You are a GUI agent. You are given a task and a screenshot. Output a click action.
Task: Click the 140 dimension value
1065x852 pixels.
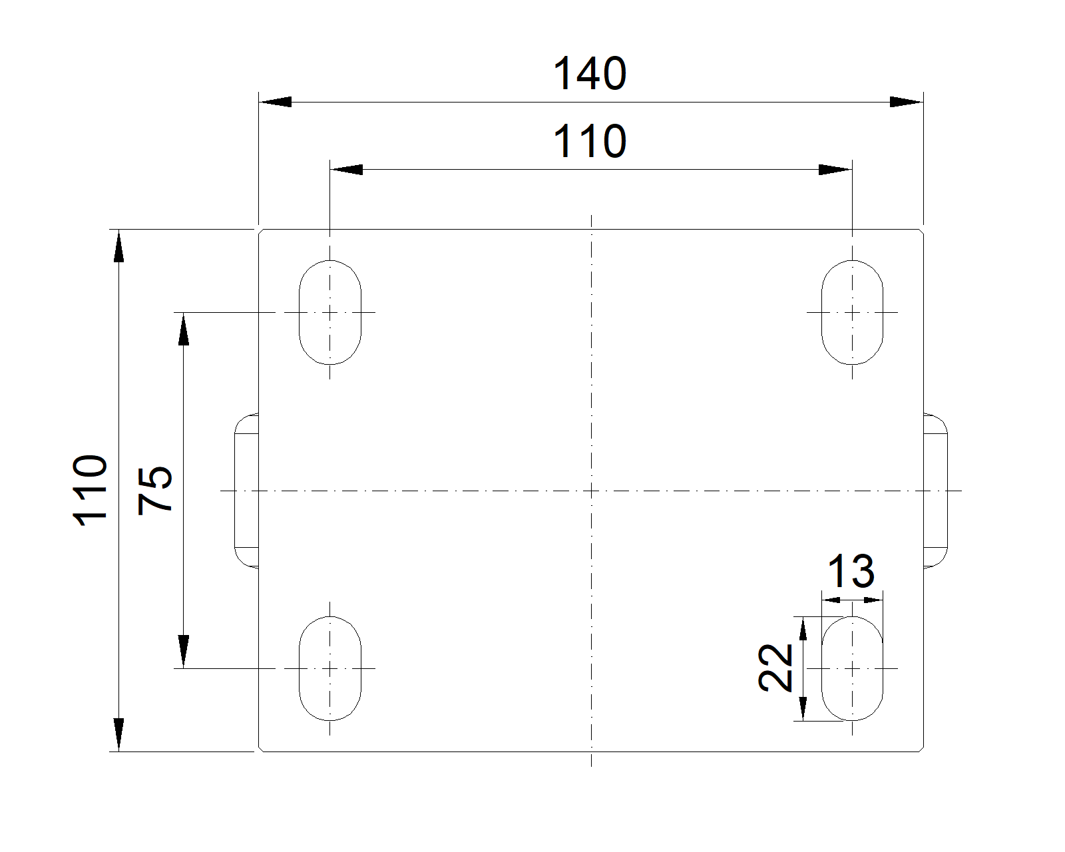tap(590, 74)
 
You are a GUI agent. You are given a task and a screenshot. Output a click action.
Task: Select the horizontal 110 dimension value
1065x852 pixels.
tap(590, 142)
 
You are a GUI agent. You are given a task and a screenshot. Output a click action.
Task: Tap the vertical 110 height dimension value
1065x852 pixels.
tap(90, 491)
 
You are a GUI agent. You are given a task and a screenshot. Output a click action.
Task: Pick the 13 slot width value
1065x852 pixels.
tap(851, 572)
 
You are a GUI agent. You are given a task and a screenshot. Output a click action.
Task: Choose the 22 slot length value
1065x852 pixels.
tap(776, 668)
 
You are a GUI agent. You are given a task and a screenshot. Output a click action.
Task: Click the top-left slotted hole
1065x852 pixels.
tap(330, 312)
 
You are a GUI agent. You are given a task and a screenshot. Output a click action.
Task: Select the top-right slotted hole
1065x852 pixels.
tap(852, 312)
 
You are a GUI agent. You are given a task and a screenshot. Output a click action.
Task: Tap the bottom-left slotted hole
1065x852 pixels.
tap(330, 668)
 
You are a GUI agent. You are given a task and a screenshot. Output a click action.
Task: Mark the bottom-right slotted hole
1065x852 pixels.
tap(852, 668)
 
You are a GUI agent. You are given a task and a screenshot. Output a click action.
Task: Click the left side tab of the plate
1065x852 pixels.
tap(246, 491)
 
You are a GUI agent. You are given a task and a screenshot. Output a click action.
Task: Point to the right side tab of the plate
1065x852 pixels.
tap(935, 491)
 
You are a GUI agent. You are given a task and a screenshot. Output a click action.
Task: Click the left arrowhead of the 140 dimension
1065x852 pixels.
tap(276, 103)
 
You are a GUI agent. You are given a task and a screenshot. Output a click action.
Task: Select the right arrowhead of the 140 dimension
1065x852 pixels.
tap(906, 103)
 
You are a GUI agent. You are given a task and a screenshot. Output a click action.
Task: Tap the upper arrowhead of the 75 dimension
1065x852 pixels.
tap(184, 329)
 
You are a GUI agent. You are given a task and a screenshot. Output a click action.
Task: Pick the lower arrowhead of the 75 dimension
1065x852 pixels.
tap(184, 651)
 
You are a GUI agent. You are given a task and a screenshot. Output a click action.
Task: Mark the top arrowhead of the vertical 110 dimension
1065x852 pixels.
tap(118, 246)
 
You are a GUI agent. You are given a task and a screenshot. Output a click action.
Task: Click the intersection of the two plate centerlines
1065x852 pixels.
tap(591, 491)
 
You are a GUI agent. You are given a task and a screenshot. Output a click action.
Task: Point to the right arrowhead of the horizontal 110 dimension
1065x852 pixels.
tap(835, 170)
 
